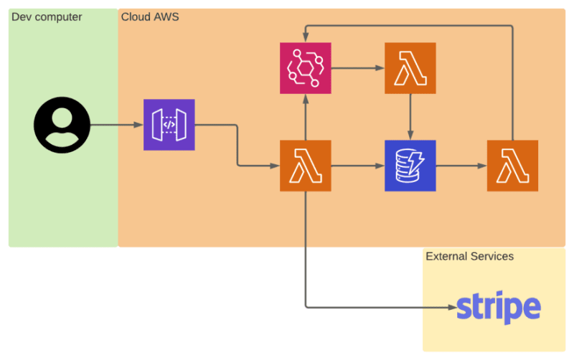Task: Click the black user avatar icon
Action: (62, 125)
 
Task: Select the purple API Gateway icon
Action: (169, 125)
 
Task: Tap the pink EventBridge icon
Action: (306, 68)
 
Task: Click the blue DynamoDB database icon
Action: (410, 166)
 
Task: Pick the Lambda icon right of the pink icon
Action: (410, 68)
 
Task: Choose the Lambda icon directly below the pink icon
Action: (306, 166)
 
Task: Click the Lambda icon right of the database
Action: (512, 166)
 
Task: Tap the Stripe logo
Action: (499, 308)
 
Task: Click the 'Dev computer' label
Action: (47, 17)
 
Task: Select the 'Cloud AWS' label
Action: (150, 16)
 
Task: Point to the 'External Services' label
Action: (470, 256)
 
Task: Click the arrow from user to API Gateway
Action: (117, 125)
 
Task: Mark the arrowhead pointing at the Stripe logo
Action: (453, 308)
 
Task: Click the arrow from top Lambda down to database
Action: (410, 117)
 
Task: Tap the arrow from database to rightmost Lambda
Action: (461, 166)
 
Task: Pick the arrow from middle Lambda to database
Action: (358, 166)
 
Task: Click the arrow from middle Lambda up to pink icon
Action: (306, 117)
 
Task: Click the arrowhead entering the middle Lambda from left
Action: (276, 166)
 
